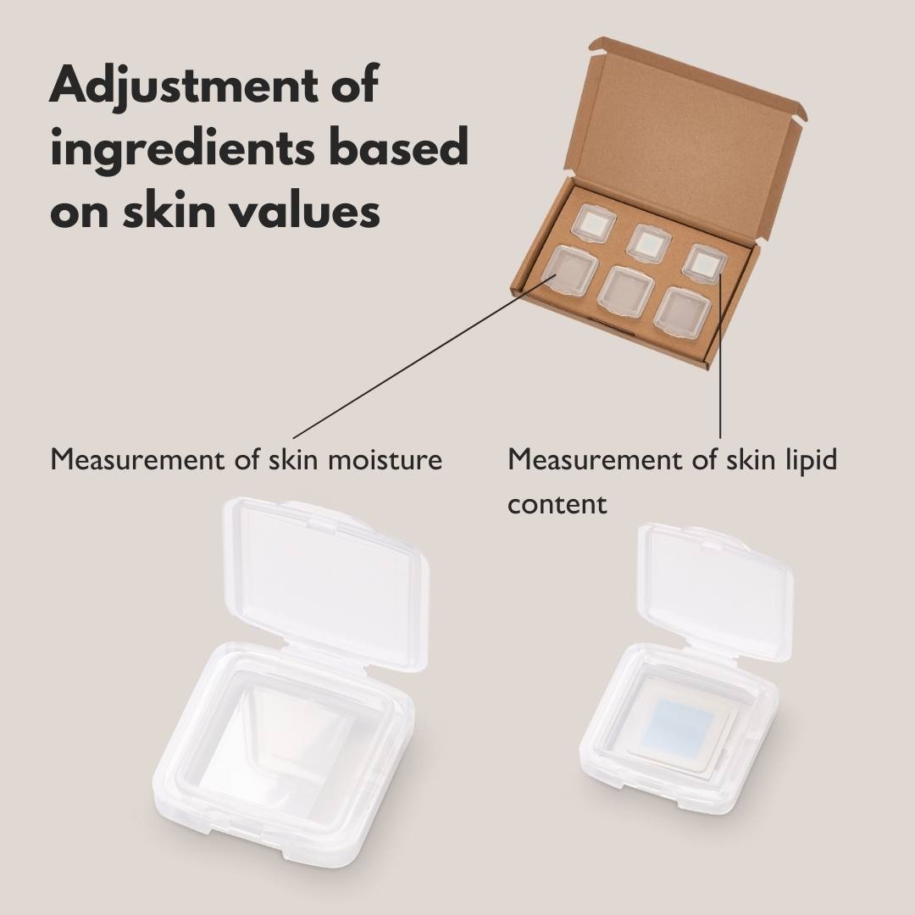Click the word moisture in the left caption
(385, 459)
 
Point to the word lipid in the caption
(811, 460)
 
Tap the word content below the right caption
(557, 503)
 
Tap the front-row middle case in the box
(625, 292)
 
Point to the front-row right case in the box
(682, 313)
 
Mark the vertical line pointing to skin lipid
(721, 356)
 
